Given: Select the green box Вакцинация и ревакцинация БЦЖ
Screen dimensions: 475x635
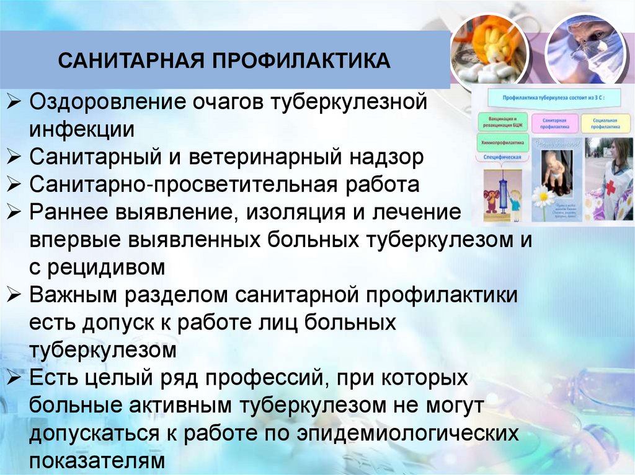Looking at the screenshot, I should pyautogui.click(x=499, y=121).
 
